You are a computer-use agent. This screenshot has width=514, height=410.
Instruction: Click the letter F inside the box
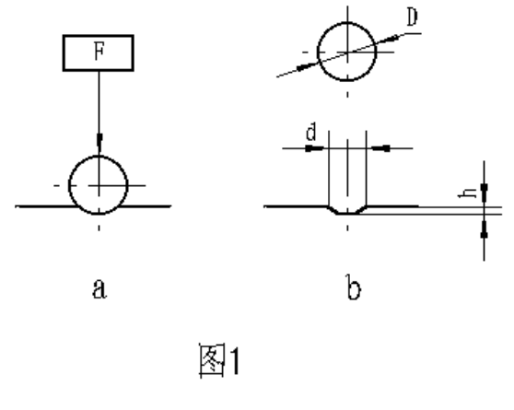[99, 52]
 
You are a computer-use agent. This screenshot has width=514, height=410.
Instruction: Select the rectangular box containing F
[99, 35]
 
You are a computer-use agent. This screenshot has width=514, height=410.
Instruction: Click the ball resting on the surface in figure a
[69, 185]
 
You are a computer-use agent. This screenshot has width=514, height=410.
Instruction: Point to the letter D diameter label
[412, 18]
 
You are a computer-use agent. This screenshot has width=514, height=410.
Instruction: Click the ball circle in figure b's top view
[318, 52]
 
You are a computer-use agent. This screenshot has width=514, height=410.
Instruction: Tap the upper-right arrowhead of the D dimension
[390, 39]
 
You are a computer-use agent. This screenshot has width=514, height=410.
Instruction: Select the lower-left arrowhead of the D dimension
[307, 66]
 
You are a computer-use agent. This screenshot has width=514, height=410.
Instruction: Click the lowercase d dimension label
[311, 132]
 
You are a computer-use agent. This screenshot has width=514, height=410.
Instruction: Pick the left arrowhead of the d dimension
[314, 148]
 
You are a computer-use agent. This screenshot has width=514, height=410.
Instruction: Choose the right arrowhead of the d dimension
[381, 148]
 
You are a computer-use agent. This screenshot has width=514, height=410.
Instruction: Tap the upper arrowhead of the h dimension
[485, 193]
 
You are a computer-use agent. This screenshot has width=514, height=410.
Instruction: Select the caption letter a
[99, 288]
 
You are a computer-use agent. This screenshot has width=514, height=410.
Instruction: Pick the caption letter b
[354, 287]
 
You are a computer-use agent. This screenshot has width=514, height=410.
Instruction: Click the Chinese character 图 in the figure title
[212, 360]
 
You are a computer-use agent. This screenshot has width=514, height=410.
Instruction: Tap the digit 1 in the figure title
[235, 361]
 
